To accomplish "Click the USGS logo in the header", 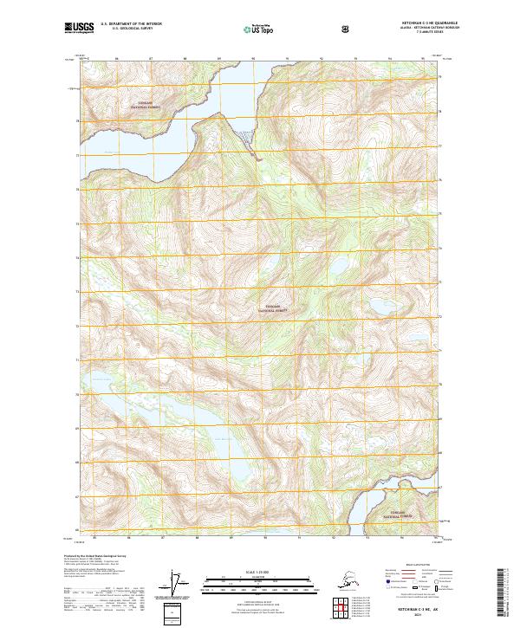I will pos(79,29).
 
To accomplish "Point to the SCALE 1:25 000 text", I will pos(259,573).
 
